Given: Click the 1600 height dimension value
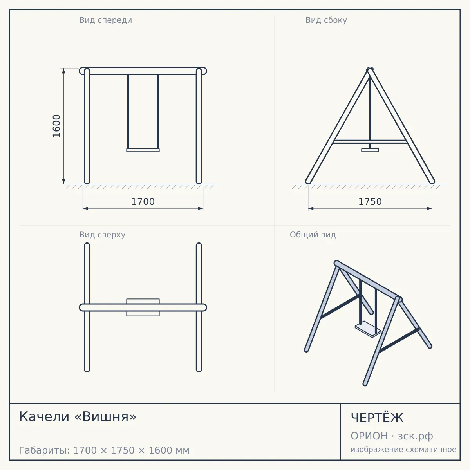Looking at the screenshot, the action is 56,126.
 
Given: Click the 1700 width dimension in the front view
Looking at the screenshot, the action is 143,202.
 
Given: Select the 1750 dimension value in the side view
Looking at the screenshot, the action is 370,202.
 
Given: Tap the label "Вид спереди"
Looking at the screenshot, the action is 106,20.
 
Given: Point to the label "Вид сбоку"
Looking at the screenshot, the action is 326,20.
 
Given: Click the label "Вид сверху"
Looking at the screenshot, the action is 102,235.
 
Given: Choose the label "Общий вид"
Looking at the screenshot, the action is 313,235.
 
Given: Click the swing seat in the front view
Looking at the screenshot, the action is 143,150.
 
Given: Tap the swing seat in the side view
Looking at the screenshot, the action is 370,150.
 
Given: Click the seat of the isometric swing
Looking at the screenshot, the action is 368,329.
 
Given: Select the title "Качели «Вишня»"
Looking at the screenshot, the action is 78,417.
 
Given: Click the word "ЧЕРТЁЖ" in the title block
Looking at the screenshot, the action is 377,418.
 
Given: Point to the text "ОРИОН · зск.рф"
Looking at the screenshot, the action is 392,436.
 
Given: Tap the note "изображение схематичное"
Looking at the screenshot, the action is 403,449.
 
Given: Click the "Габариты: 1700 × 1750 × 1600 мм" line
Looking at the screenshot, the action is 104,450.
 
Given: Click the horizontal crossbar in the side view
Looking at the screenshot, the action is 370,142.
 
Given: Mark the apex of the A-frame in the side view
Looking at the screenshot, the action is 370,69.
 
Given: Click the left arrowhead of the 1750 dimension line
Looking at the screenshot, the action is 311,208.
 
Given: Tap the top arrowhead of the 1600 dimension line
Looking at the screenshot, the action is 64,71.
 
